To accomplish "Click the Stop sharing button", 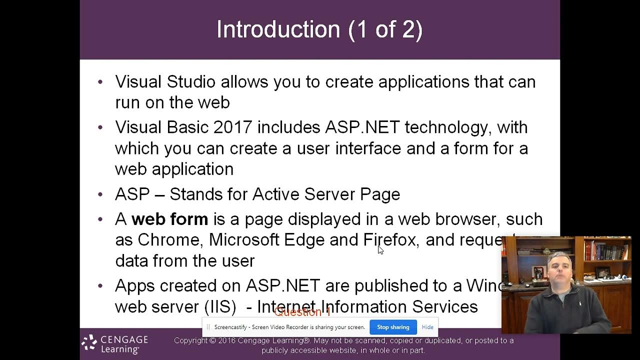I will pyautogui.click(x=393, y=327).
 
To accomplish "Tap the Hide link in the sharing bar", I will pyautogui.click(x=427, y=327).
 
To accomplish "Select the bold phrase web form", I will pyautogui.click(x=169, y=219).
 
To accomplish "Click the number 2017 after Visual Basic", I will pyautogui.click(x=232, y=127).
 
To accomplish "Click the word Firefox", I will pyautogui.click(x=390, y=240).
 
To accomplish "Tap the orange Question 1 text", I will pyautogui.click(x=302, y=312).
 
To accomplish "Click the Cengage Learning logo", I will pyautogui.click(x=115, y=344).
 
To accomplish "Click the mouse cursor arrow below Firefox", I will pyautogui.click(x=380, y=250).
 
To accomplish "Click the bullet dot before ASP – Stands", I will pyautogui.click(x=100, y=194).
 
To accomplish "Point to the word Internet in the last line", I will pyautogui.click(x=286, y=306).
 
